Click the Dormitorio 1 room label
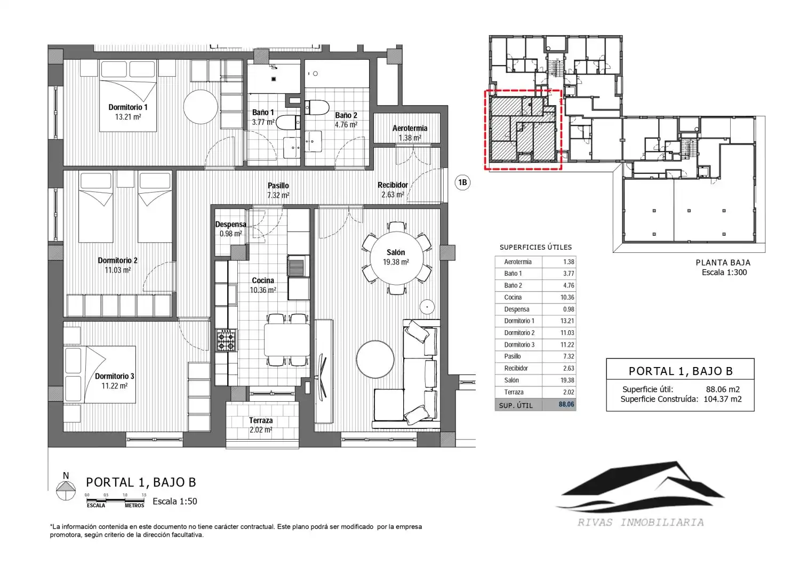click(x=128, y=107)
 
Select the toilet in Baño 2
click(x=317, y=108)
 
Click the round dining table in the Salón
click(x=397, y=258)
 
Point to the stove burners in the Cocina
click(x=227, y=340)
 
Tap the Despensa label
click(x=231, y=225)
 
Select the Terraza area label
click(x=261, y=420)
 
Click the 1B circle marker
click(x=462, y=182)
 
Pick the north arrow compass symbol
click(x=66, y=490)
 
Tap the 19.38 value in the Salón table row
click(x=567, y=380)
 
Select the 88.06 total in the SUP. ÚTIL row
click(x=566, y=404)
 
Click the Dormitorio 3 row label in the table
click(x=519, y=345)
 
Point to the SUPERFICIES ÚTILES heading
click(x=535, y=248)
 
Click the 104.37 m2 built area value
click(x=723, y=399)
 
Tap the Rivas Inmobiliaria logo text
click(x=641, y=522)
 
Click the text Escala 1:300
click(x=724, y=272)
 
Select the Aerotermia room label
click(x=410, y=128)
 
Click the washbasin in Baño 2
click(x=313, y=141)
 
